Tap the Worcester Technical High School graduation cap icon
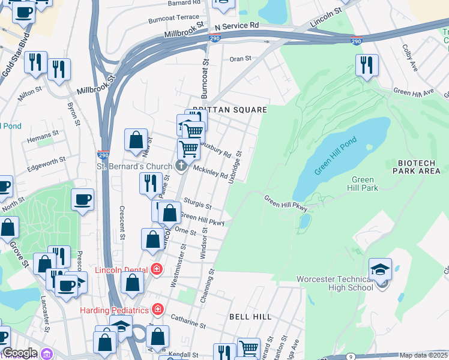point(380,268)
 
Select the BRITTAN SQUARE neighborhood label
point(229,110)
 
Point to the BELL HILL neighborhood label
point(251,316)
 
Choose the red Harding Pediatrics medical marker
point(157,310)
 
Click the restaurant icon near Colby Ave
point(367,64)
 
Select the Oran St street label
point(240,59)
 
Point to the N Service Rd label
point(237,26)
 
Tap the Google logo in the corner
point(19,353)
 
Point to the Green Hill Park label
point(364,184)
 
